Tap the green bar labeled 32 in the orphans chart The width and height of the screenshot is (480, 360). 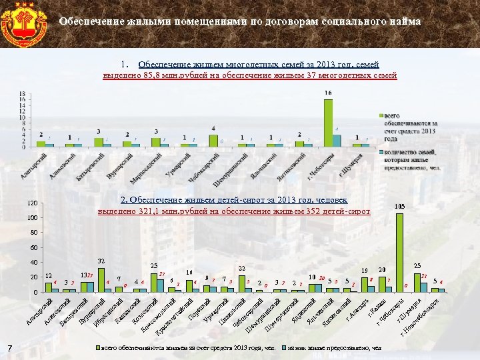[x=101, y=280]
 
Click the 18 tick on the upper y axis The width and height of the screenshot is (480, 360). [x=22, y=93]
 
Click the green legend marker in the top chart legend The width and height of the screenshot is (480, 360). [x=381, y=116]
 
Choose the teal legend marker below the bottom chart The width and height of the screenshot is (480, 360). [x=285, y=348]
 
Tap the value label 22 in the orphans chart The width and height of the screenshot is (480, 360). [x=242, y=268]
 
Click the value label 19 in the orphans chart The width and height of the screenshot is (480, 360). [x=364, y=270]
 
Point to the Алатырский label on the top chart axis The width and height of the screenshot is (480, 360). [x=35, y=163]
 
